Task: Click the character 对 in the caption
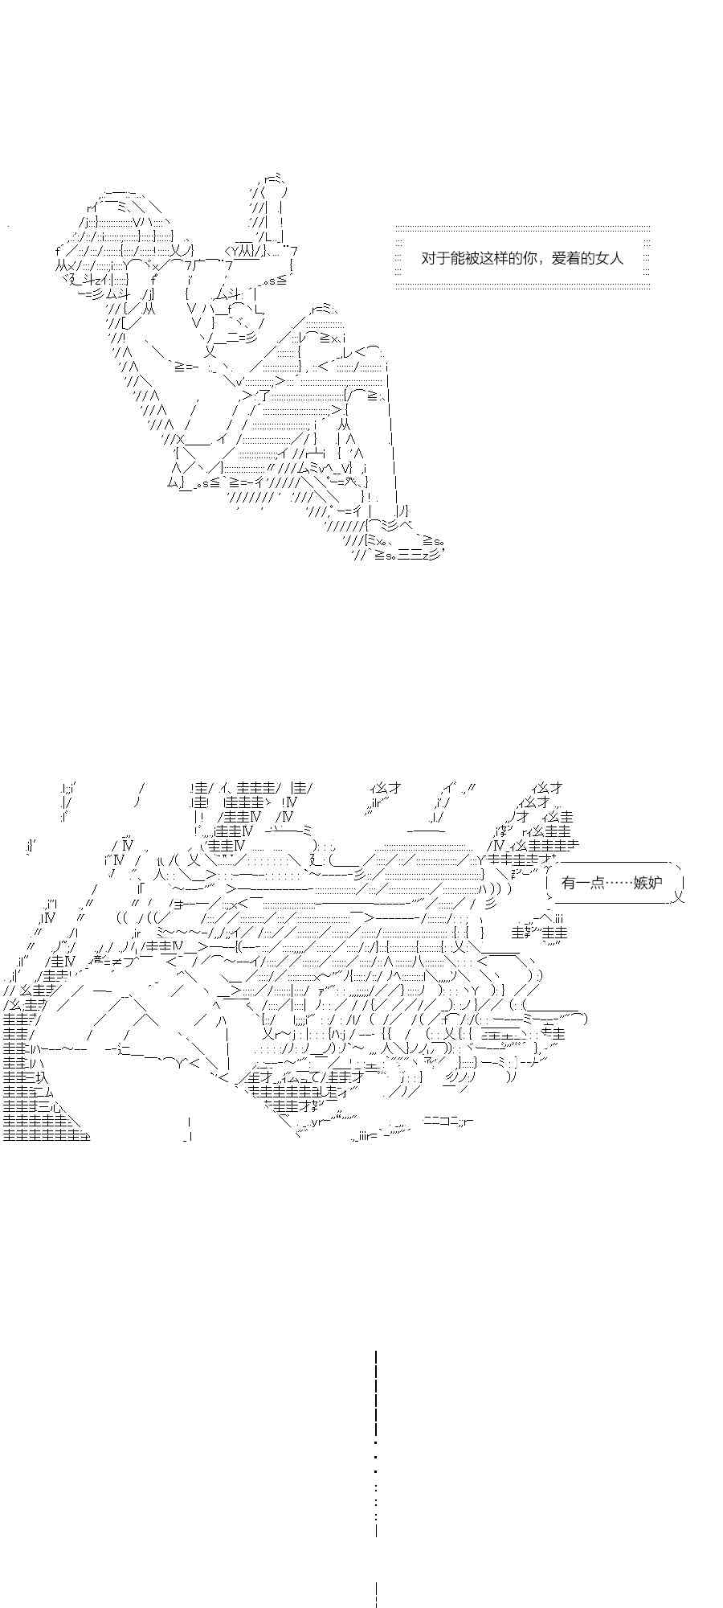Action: pos(428,258)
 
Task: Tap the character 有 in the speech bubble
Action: pos(570,883)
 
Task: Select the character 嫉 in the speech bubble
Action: pos(641,883)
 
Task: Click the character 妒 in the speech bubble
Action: pos(656,883)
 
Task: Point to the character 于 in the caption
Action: pos(443,258)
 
